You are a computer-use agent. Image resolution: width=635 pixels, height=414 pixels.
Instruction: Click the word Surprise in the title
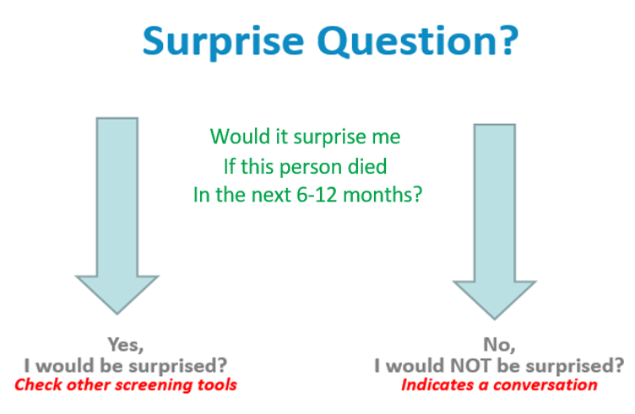(223, 42)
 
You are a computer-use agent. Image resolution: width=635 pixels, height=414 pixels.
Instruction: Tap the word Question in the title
(407, 40)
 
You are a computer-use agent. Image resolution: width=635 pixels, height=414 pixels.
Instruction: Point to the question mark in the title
(507, 40)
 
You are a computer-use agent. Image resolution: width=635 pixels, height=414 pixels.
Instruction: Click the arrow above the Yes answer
(117, 216)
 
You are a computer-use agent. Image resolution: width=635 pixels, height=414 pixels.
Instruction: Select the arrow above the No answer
(495, 222)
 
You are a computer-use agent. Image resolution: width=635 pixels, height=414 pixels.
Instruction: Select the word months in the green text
(383, 195)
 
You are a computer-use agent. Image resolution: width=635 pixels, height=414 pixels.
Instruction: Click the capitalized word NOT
(470, 365)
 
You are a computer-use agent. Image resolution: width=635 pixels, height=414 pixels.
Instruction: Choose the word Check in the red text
(39, 384)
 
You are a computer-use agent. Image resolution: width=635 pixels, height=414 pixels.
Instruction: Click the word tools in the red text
(217, 384)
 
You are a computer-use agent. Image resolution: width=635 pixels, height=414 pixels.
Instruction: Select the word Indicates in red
(437, 384)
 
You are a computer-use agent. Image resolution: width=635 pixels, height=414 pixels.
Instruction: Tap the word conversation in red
(545, 384)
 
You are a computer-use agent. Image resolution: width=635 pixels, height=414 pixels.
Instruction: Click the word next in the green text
(274, 196)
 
